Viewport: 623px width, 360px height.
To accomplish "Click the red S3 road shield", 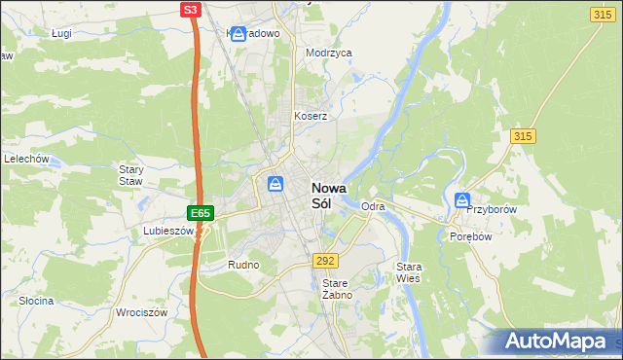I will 192,10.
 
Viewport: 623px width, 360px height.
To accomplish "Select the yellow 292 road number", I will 325,261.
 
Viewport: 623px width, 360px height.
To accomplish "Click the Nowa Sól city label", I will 329,197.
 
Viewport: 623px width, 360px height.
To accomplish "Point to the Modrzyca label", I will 328,54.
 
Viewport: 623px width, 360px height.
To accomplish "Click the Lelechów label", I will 26,159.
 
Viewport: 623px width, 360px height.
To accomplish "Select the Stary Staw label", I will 130,175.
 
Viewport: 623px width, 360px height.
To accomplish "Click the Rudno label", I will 242,265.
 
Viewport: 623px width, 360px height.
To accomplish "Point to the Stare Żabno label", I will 336,288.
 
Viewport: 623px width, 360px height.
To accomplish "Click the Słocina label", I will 36,301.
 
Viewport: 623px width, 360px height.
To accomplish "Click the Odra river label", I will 373,207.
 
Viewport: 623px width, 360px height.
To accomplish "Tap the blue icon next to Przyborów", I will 461,200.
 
